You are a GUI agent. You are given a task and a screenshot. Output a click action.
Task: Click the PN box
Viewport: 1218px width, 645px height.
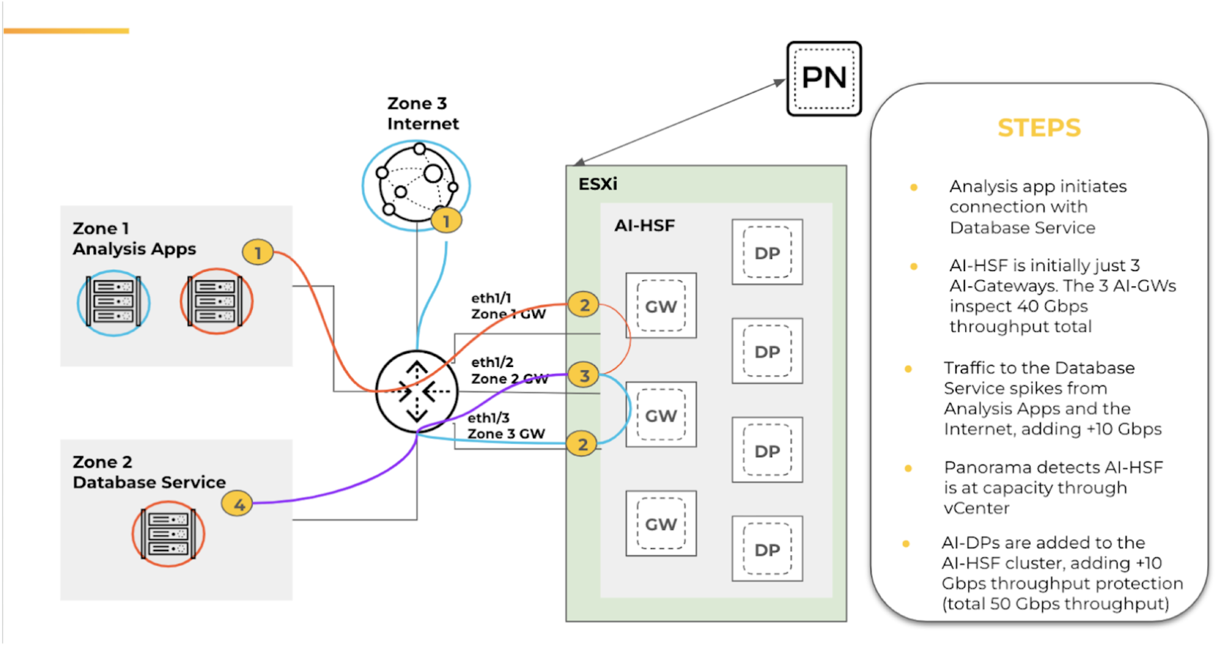pos(824,78)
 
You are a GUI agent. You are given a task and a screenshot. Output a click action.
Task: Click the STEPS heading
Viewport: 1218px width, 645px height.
pos(1039,128)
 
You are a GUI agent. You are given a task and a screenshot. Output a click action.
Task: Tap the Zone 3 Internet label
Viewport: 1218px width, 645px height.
pos(422,113)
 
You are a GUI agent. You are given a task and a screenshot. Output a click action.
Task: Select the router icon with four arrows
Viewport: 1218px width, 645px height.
pos(416,391)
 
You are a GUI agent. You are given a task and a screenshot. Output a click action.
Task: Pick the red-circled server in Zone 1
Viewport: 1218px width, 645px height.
pos(216,301)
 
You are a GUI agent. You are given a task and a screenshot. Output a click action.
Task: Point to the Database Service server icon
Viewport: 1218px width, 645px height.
pos(168,533)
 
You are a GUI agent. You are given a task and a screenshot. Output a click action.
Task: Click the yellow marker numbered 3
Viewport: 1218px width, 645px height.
pos(584,375)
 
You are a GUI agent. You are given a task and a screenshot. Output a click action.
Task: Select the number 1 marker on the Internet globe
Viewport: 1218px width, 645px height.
pos(446,220)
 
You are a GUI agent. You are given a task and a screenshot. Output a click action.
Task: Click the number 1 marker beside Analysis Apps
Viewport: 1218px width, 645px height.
pos(258,252)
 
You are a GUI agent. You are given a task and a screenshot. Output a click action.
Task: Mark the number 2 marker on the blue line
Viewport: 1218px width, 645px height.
pos(582,444)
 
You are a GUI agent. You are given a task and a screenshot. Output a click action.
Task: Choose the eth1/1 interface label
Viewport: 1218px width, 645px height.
pos(491,298)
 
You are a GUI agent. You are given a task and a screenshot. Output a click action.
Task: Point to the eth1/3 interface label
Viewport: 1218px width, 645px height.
pos(488,418)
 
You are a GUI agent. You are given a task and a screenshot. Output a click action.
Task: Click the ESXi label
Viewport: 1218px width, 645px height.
pos(597,184)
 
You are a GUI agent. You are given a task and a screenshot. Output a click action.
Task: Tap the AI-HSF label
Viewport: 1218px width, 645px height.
pos(644,225)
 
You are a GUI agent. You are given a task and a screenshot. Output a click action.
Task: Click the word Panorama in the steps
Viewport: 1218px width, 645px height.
pos(992,467)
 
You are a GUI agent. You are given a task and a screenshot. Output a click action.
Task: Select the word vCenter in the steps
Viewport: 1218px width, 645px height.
pos(976,508)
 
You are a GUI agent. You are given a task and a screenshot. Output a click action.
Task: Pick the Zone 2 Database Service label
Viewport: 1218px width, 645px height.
pos(149,472)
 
